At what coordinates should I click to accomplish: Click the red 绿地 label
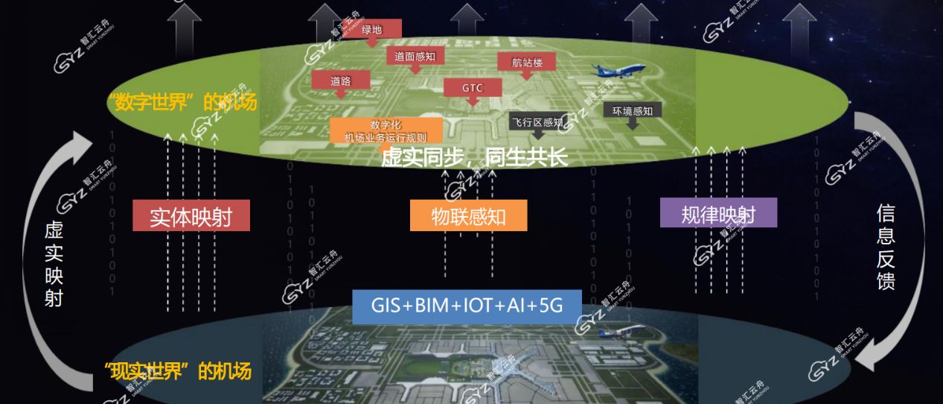(x=371, y=30)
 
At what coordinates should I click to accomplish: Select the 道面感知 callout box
(x=415, y=55)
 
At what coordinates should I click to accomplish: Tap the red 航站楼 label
(x=527, y=63)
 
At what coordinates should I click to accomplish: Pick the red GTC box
(x=473, y=87)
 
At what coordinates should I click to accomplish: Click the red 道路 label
(x=340, y=81)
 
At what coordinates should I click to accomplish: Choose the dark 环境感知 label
(x=632, y=111)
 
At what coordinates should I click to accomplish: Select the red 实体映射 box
(x=191, y=217)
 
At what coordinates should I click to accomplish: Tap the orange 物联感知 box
(x=468, y=215)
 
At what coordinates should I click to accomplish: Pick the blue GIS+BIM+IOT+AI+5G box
(x=467, y=306)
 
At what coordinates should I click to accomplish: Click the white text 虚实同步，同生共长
(x=474, y=157)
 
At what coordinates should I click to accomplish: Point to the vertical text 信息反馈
(x=885, y=247)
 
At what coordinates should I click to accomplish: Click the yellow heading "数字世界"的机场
(x=182, y=102)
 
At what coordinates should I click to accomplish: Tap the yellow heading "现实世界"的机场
(x=179, y=370)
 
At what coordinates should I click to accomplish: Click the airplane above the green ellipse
(x=618, y=72)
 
